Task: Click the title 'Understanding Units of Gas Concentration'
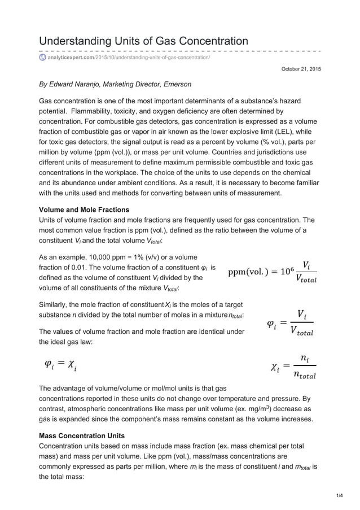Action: [x=143, y=41]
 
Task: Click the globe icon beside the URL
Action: [x=42, y=58]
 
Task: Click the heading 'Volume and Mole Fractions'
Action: [x=84, y=210]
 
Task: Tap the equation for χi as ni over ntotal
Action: [x=293, y=368]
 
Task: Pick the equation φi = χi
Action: [x=61, y=367]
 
